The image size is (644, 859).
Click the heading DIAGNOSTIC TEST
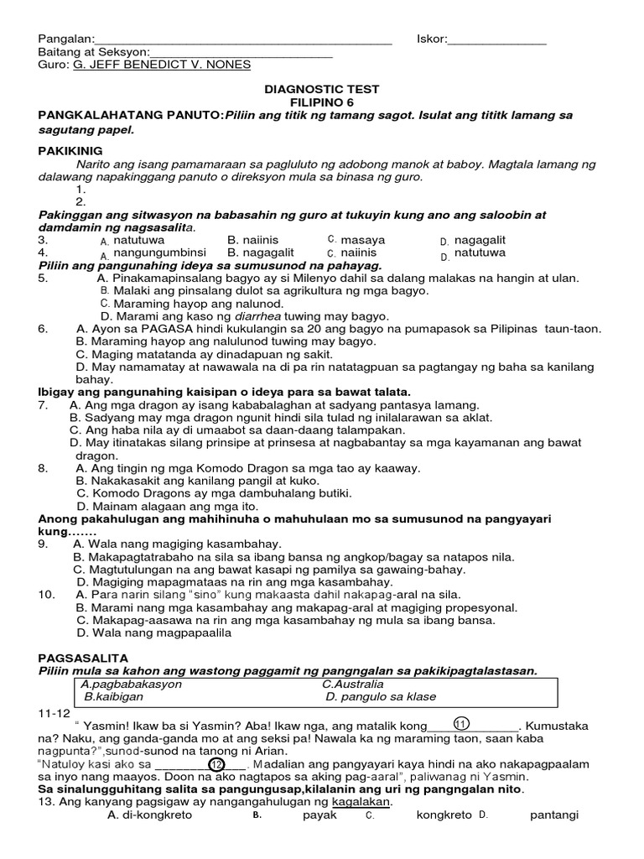(x=322, y=89)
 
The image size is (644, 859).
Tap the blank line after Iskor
(x=497, y=39)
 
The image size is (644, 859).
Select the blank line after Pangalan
(x=242, y=39)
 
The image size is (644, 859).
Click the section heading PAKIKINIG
(x=70, y=150)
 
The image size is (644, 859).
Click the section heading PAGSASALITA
(x=78, y=658)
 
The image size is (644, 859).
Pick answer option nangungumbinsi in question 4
(x=159, y=252)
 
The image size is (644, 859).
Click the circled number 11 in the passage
(x=460, y=723)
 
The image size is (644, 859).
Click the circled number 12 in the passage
(x=216, y=764)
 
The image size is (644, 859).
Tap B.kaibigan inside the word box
(x=114, y=696)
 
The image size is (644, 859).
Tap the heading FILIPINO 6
(x=322, y=102)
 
